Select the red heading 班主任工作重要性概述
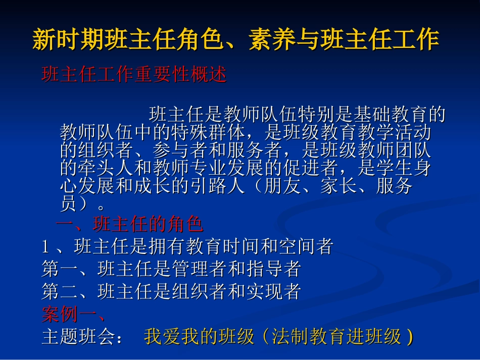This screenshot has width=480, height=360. (134, 75)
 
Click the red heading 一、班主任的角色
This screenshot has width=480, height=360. (130, 223)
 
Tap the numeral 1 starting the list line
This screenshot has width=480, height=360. (45, 246)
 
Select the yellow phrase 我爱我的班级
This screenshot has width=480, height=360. (199, 337)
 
